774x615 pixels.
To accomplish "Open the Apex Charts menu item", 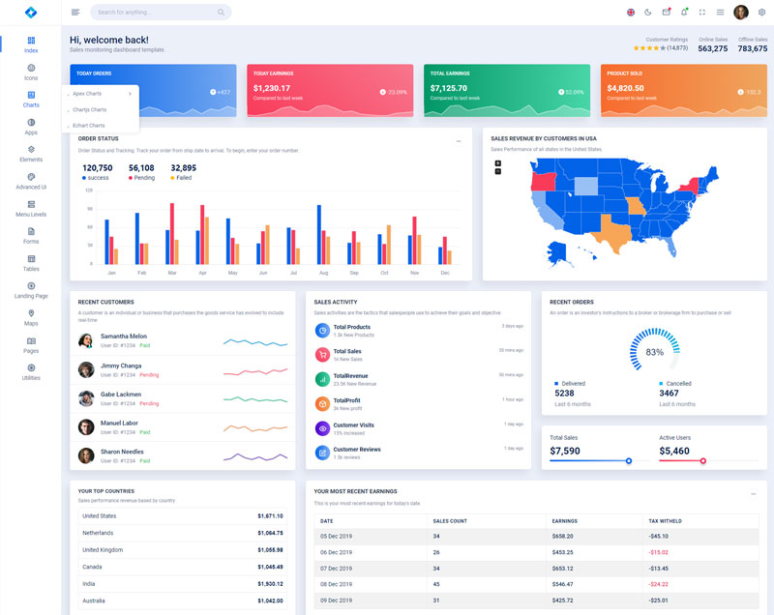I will click(x=88, y=94).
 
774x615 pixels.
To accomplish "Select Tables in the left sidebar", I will click(x=31, y=263).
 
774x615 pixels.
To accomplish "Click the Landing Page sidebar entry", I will click(x=31, y=290).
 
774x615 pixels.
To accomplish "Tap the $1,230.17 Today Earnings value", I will click(x=272, y=88).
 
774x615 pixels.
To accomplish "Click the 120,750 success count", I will click(x=98, y=168).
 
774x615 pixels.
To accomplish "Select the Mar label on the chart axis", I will click(x=172, y=273).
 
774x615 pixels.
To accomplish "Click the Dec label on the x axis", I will click(x=445, y=273).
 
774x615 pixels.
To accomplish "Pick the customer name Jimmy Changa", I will click(x=121, y=366).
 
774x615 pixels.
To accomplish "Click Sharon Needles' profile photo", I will click(x=86, y=455).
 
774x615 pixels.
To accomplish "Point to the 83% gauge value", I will click(x=654, y=352).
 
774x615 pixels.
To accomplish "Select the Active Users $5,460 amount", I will click(x=674, y=451).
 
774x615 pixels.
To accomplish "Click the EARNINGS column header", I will click(x=564, y=521).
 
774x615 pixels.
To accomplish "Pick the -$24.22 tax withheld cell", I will click(x=659, y=584).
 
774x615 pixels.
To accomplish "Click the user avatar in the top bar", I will click(x=741, y=13).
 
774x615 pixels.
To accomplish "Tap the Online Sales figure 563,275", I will click(x=713, y=48).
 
